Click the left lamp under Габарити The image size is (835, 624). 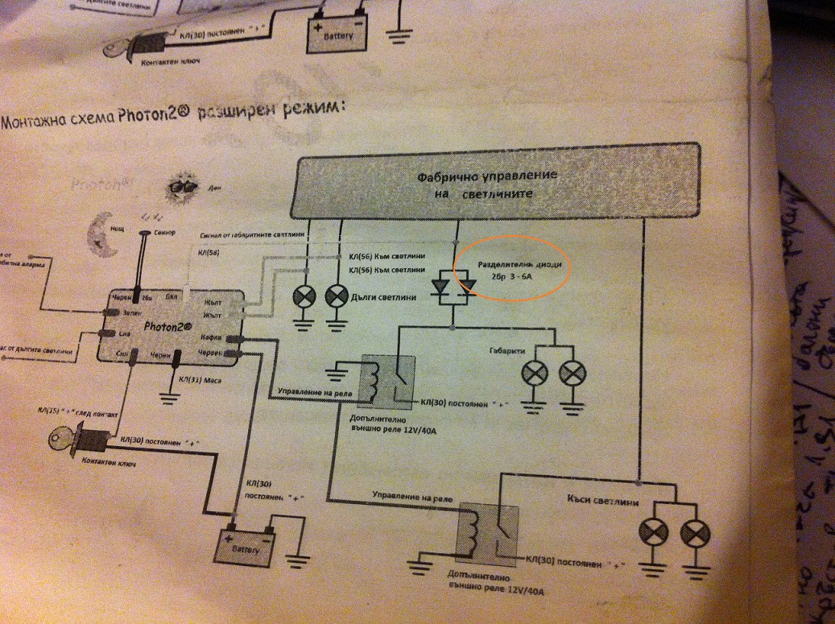[x=535, y=373]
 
